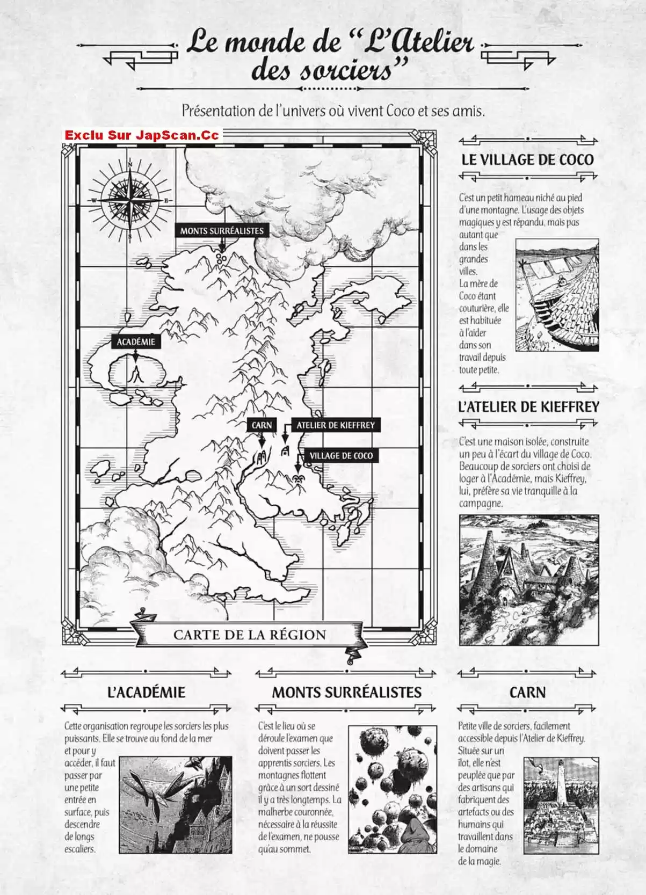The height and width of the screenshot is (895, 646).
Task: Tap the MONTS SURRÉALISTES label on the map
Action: point(222,231)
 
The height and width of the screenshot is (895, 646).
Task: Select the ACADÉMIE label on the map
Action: point(136,341)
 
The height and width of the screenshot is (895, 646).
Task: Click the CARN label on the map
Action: point(262,425)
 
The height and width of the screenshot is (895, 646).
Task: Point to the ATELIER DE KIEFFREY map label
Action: point(336,425)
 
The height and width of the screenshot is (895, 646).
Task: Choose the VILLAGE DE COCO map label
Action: point(341,456)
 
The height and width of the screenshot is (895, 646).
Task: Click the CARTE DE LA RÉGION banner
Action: point(250,635)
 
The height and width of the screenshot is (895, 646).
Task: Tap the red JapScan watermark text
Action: point(142,135)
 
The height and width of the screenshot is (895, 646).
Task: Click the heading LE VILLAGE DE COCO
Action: point(527,159)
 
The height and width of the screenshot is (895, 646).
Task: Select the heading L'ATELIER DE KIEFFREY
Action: point(528,407)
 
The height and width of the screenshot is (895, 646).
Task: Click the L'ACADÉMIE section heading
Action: point(146,692)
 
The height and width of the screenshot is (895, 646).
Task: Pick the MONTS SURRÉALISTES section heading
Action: point(346,692)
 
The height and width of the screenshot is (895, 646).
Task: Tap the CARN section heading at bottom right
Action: point(527,692)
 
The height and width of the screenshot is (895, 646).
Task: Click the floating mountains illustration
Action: point(391,789)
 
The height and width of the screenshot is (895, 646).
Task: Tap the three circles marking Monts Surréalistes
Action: point(220,258)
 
